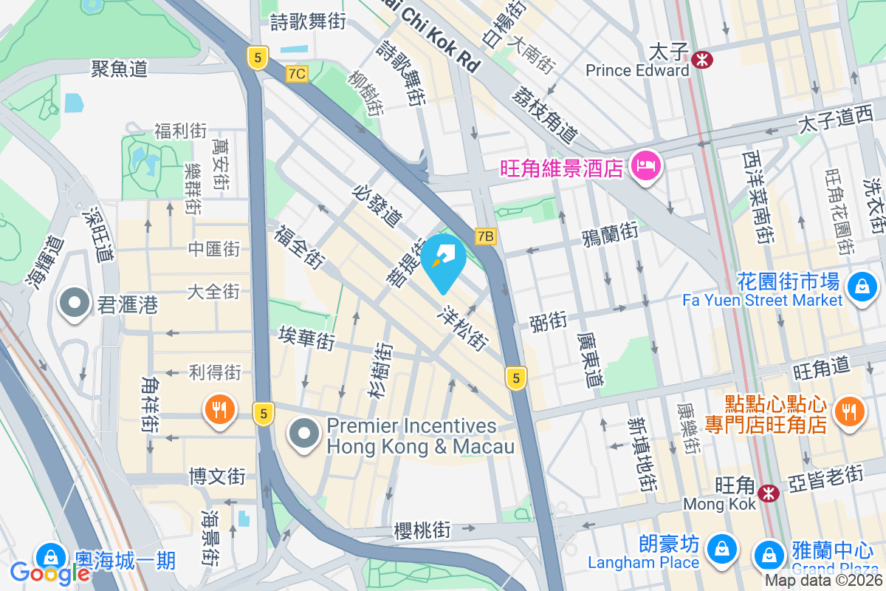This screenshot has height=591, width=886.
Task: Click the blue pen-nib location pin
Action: point(446,259)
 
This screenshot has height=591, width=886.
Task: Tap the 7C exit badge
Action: point(297,74)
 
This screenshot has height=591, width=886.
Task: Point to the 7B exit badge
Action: point(484,236)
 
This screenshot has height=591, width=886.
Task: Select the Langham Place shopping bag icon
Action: point(718,549)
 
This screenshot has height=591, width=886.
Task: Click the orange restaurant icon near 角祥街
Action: point(219,409)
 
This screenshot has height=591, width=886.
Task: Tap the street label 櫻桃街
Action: point(422,530)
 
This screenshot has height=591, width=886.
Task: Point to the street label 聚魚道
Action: point(120,69)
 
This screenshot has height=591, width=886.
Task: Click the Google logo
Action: point(49,573)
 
